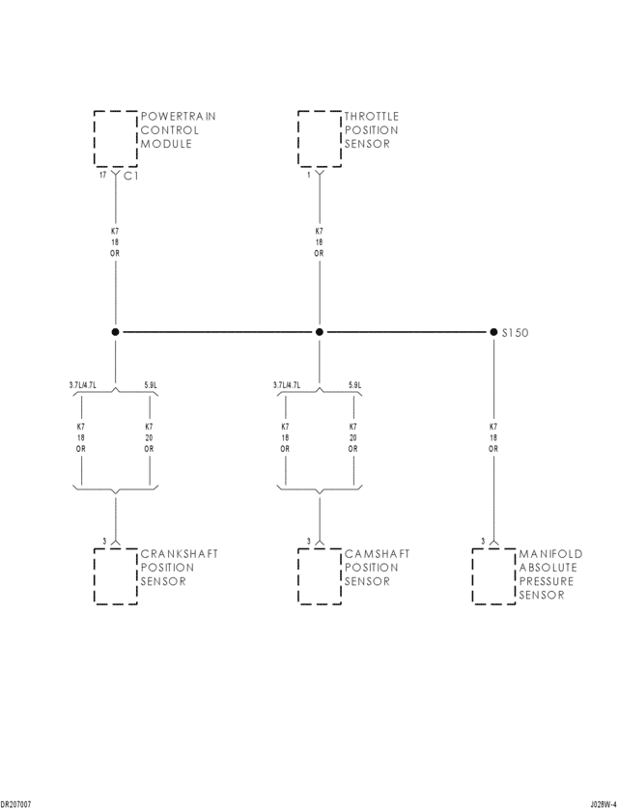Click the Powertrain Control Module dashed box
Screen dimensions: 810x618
point(115,138)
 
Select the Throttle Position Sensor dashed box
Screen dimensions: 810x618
point(319,138)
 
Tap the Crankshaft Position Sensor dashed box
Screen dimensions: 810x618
point(115,575)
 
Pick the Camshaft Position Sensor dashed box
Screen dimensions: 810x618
point(319,575)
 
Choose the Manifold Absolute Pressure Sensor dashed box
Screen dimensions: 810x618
point(493,575)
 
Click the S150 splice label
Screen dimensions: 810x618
point(515,332)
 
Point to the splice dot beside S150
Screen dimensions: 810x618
point(493,332)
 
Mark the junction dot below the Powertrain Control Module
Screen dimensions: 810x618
point(115,332)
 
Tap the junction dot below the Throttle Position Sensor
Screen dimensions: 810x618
point(320,332)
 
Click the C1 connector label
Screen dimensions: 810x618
point(131,177)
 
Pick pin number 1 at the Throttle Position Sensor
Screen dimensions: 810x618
point(309,176)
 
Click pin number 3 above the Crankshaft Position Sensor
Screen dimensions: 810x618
point(104,541)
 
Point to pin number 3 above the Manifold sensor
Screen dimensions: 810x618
point(483,541)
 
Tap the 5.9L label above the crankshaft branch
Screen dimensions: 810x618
point(151,385)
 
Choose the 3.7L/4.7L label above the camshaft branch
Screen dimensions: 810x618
point(287,385)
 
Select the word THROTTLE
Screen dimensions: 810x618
point(372,117)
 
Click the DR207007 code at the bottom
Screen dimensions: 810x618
point(16,803)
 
